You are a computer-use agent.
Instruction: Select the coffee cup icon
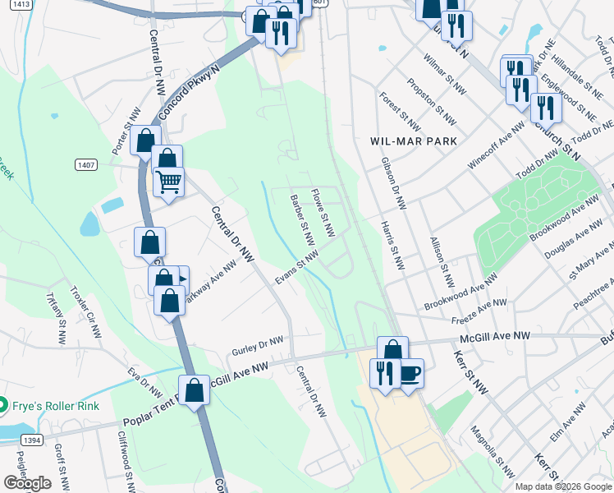tap(409, 374)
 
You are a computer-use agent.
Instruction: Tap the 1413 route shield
tap(22, 4)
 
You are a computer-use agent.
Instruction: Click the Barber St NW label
tap(302, 220)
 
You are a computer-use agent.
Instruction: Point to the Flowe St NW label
tap(323, 214)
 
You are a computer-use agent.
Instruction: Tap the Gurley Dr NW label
tap(257, 344)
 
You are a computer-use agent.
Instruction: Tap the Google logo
tap(27, 483)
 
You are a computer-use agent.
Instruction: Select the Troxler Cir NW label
tap(85, 312)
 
